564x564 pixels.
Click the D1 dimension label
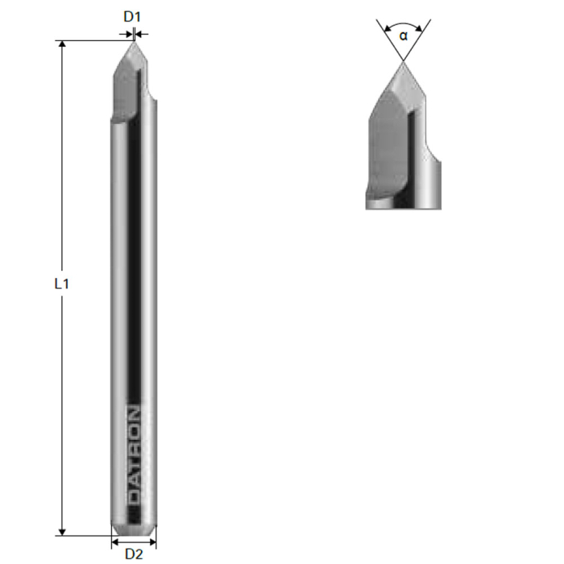point(133,15)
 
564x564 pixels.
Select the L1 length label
point(62,284)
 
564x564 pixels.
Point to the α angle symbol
point(403,35)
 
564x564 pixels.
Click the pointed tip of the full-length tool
point(134,41)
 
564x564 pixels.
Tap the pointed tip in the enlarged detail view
point(403,62)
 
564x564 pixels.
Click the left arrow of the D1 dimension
point(128,33)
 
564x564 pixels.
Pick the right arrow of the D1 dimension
point(139,33)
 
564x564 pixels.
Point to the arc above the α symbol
point(403,25)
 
